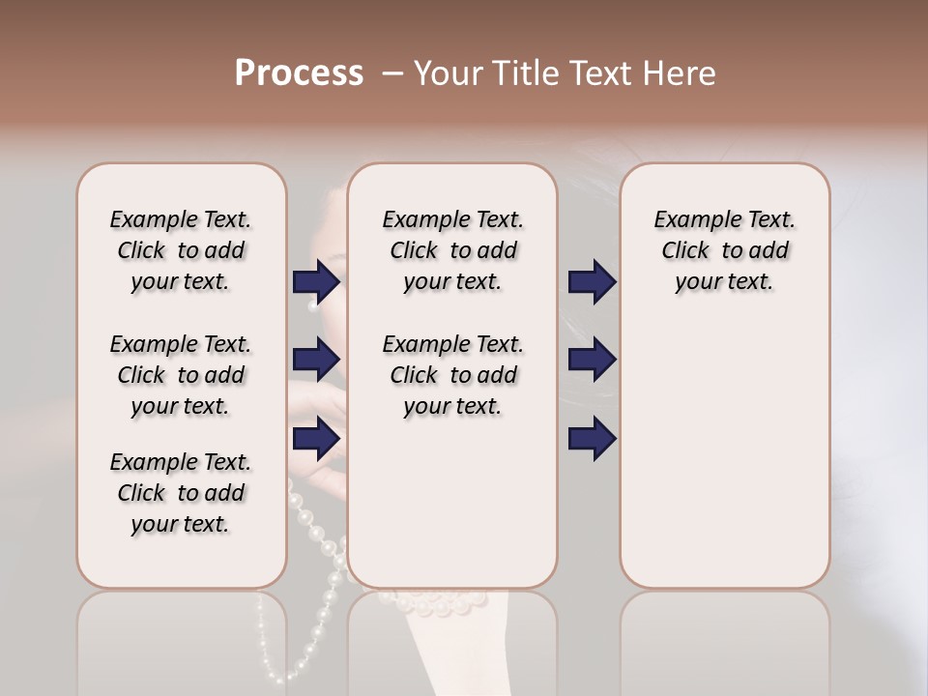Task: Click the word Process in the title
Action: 299,73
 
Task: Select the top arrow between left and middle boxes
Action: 316,281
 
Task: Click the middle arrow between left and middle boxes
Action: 316,360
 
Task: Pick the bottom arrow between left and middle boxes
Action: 316,439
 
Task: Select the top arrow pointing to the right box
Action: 593,281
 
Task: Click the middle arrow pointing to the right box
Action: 593,360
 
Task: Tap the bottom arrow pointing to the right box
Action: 593,439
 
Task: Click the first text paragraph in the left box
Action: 181,250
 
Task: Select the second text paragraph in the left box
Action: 181,375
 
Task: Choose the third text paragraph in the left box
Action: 181,493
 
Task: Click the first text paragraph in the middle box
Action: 452,250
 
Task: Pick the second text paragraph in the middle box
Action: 452,375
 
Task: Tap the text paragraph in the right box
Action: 724,250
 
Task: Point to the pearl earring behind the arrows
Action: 312,306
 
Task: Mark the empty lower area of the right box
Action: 724,464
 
